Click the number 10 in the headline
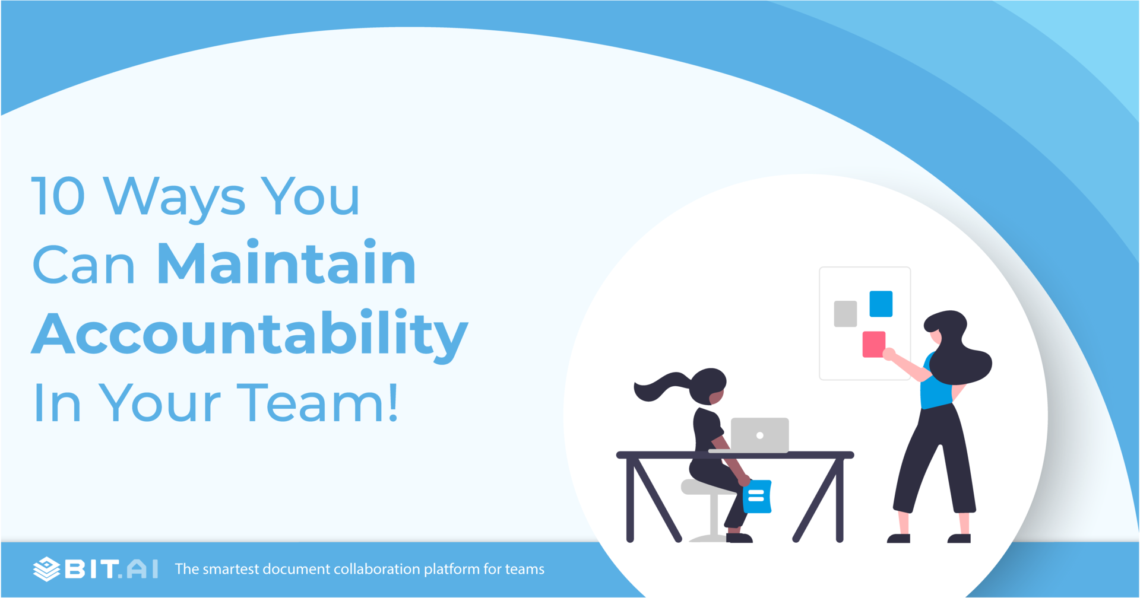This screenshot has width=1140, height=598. click(x=58, y=196)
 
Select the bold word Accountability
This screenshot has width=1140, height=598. click(x=250, y=334)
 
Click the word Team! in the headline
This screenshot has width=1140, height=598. click(x=318, y=402)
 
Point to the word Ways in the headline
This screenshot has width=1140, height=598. click(x=174, y=199)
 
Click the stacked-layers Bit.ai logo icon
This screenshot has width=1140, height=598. click(x=46, y=569)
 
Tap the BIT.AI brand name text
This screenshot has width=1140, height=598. click(x=112, y=569)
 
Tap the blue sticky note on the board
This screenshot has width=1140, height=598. click(x=881, y=304)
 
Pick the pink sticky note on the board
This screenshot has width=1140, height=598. click(x=873, y=344)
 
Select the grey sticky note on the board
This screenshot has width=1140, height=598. click(x=845, y=314)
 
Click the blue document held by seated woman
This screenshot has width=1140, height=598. click(x=757, y=496)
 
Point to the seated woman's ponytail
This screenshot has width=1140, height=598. click(x=660, y=386)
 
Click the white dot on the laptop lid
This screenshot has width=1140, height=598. click(x=759, y=435)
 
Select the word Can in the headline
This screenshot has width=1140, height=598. click(x=84, y=265)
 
